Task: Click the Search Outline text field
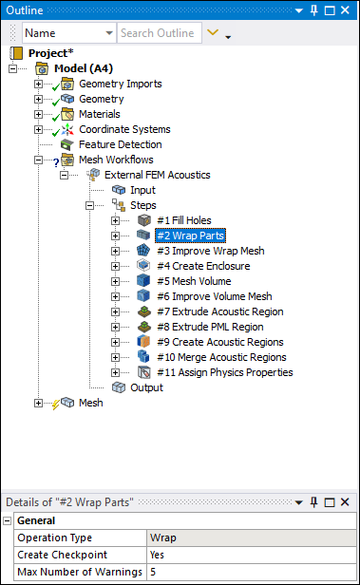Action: (160, 33)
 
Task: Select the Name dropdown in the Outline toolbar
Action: (68, 33)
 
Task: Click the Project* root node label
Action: (54, 53)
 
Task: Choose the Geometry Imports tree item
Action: (120, 84)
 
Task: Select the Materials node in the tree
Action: (99, 114)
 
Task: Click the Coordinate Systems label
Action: (124, 129)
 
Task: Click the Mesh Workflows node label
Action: (116, 160)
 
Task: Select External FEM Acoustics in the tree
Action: (157, 175)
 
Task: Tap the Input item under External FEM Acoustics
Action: (142, 190)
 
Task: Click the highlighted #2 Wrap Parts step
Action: (190, 236)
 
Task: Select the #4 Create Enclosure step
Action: (202, 266)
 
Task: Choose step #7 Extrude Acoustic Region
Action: (220, 311)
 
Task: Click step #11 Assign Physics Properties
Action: (224, 372)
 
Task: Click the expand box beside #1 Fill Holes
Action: (115, 220)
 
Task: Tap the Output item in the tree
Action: (146, 387)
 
